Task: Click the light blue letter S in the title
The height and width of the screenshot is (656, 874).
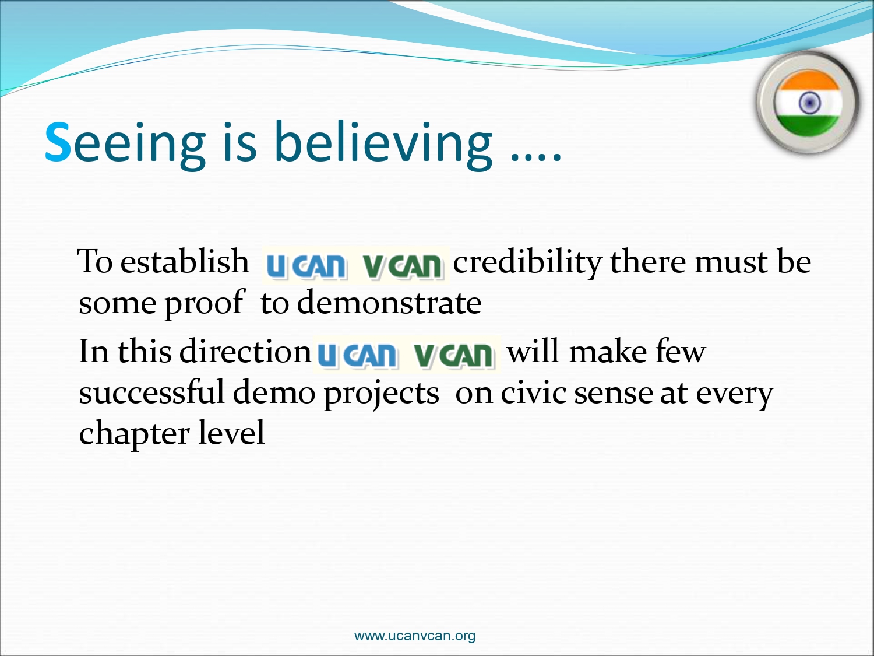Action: coord(58,141)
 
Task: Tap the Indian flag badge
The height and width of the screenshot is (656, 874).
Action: coord(807,103)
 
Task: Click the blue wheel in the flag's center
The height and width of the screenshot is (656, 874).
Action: coord(809,103)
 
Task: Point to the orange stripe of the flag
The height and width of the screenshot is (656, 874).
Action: coord(808,81)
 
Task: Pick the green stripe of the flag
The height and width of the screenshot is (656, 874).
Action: coord(808,125)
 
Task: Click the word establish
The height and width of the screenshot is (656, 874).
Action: coord(184,261)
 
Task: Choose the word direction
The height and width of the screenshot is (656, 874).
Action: coord(245,351)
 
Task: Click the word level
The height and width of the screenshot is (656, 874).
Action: coord(231,432)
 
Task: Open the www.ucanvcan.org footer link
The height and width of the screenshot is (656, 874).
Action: coord(414,635)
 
